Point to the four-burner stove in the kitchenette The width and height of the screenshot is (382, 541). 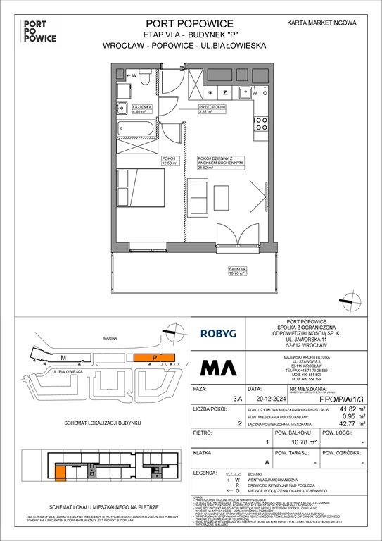tap(261, 123)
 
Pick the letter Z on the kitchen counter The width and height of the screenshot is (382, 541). tap(224, 92)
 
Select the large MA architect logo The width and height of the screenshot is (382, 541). tap(219, 368)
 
